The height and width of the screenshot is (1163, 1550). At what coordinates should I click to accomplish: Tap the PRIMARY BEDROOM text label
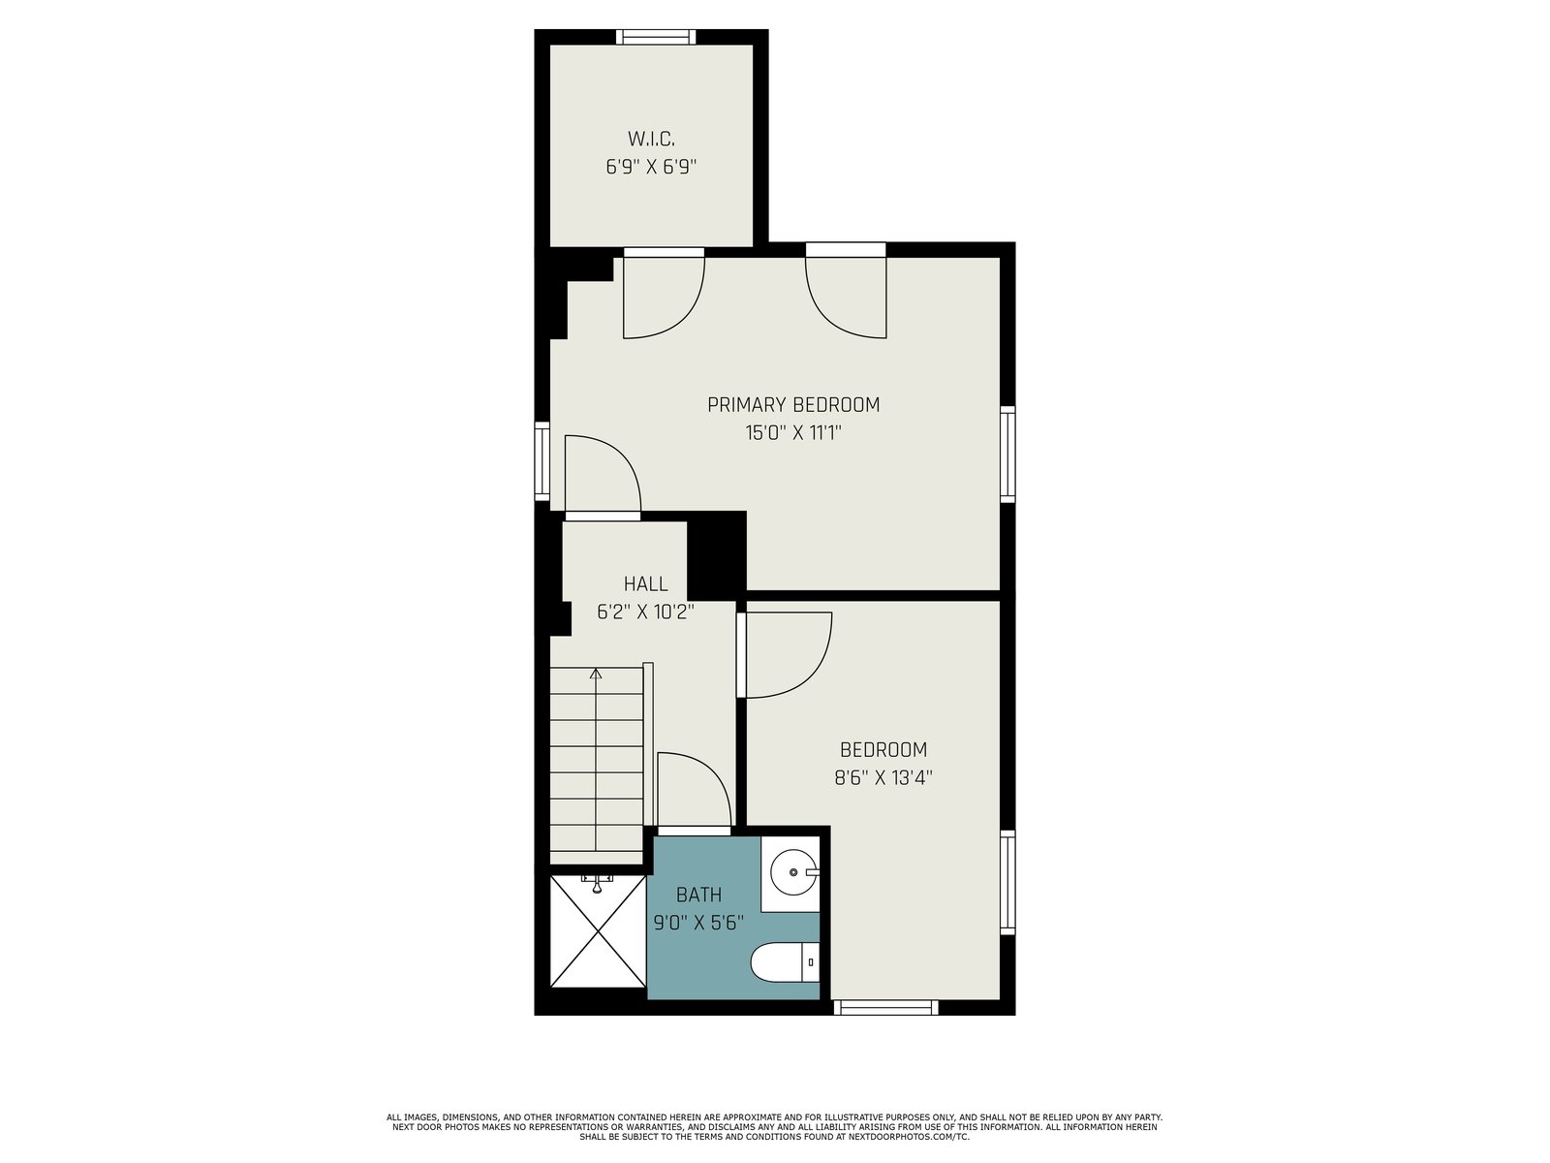coord(793,404)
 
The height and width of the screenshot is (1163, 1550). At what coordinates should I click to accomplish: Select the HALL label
coord(645,584)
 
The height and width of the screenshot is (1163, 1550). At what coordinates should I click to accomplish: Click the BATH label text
coord(699,895)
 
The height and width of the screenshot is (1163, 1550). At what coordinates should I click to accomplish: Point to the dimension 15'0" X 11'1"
coord(793,432)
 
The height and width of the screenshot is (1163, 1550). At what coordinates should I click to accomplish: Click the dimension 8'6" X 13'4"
coord(883,777)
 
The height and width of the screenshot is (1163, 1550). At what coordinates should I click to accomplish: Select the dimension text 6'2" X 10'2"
coord(645,612)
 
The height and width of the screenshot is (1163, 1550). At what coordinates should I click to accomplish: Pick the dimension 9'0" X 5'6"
coord(698,923)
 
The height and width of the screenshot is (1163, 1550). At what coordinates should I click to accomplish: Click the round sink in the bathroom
coord(793,873)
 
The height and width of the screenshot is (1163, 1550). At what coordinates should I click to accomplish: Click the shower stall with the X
coord(598,931)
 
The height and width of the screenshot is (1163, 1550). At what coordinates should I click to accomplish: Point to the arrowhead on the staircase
coord(596,674)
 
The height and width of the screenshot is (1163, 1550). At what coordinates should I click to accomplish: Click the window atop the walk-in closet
coord(656,37)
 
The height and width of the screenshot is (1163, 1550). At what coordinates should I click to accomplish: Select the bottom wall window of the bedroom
coord(885,1007)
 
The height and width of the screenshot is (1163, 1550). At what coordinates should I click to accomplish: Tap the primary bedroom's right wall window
coord(1007,454)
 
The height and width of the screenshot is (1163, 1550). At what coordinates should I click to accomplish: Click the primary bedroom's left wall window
coord(542,461)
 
